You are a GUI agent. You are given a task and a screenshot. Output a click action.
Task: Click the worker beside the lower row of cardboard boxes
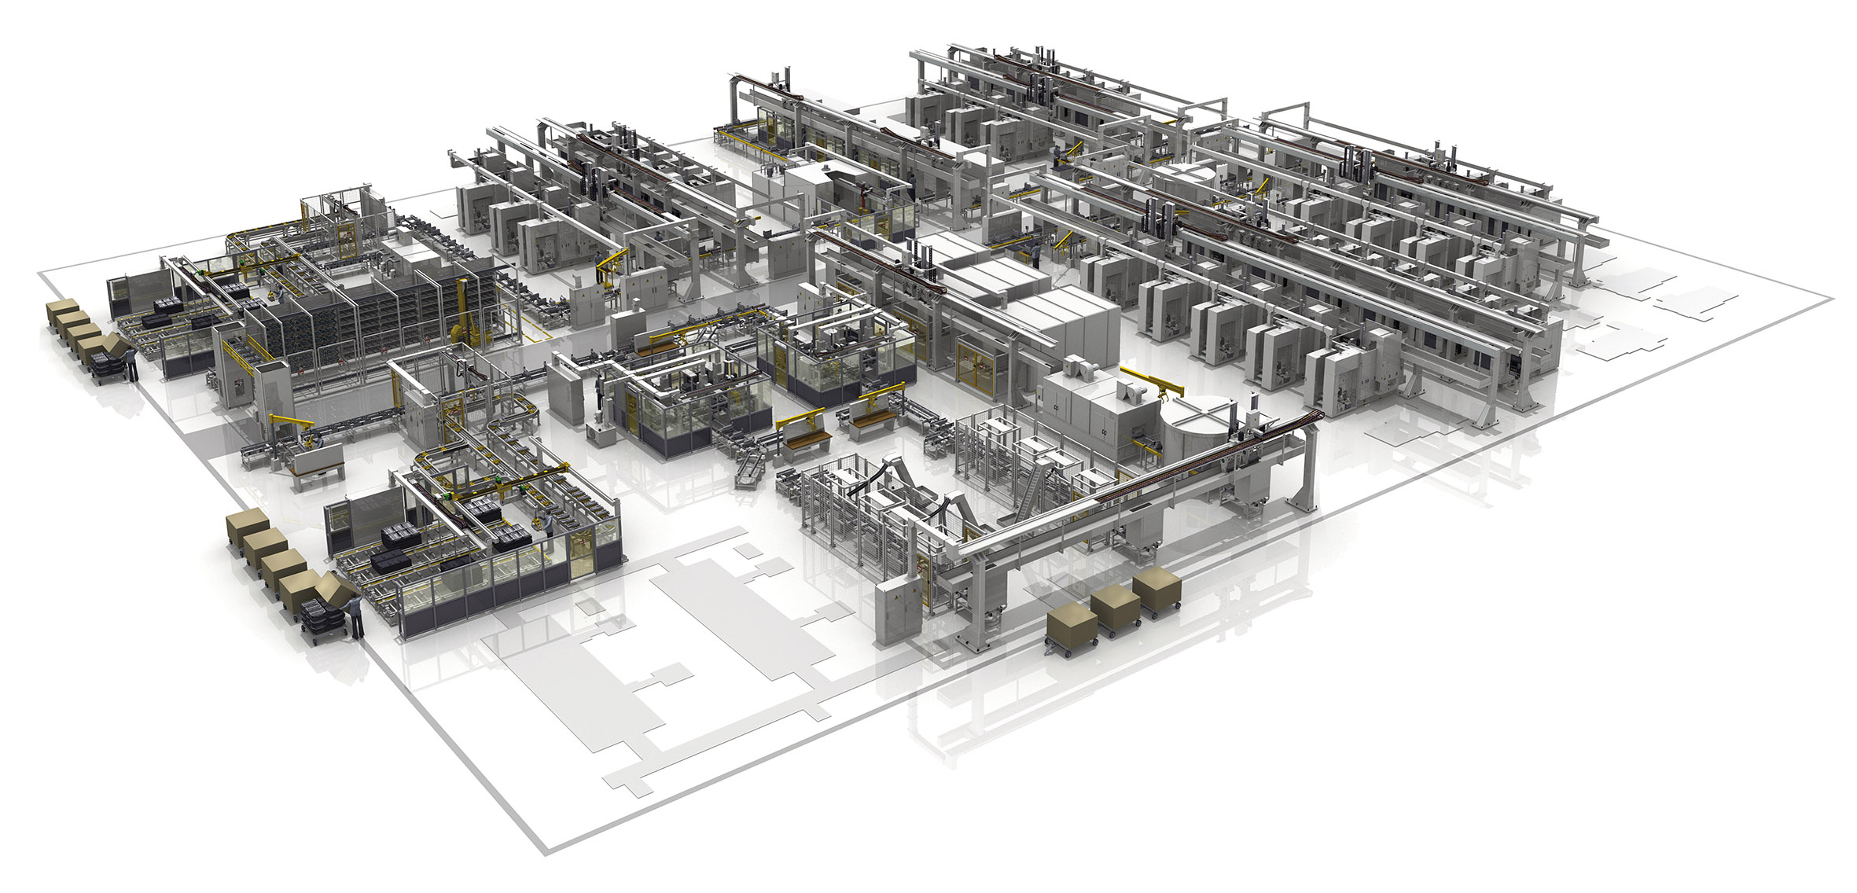click(x=356, y=616)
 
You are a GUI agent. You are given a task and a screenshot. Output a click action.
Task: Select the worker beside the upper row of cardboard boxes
click(x=132, y=364)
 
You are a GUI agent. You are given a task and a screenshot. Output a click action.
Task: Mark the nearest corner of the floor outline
click(x=545, y=851)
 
